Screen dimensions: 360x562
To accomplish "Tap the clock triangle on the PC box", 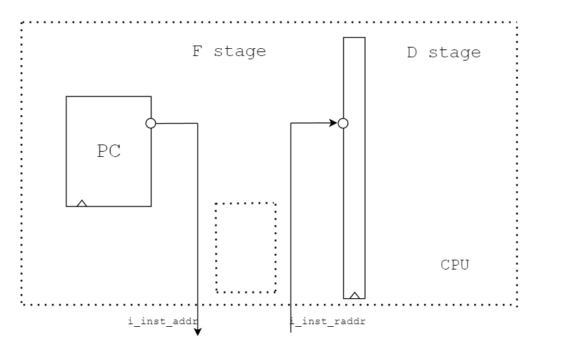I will (x=82, y=203).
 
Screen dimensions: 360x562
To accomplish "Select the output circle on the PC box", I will (x=151, y=123).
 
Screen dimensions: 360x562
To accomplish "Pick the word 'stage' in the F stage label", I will (x=241, y=52).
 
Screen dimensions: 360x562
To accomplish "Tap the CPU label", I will (x=455, y=266).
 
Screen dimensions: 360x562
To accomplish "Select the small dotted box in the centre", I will (x=246, y=247).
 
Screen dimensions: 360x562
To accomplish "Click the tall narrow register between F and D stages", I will (x=354, y=195).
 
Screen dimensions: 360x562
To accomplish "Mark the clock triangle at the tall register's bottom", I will (x=354, y=295).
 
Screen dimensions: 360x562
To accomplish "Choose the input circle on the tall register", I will (x=343, y=123).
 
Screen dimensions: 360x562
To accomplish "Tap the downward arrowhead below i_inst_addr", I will (x=198, y=333).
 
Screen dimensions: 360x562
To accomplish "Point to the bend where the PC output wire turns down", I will (x=198, y=123).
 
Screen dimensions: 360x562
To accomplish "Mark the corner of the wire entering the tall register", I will (x=290, y=123).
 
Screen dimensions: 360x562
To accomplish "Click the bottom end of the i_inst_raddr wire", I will (x=290, y=333).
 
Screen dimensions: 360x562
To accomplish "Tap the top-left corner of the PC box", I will (x=66, y=97).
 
